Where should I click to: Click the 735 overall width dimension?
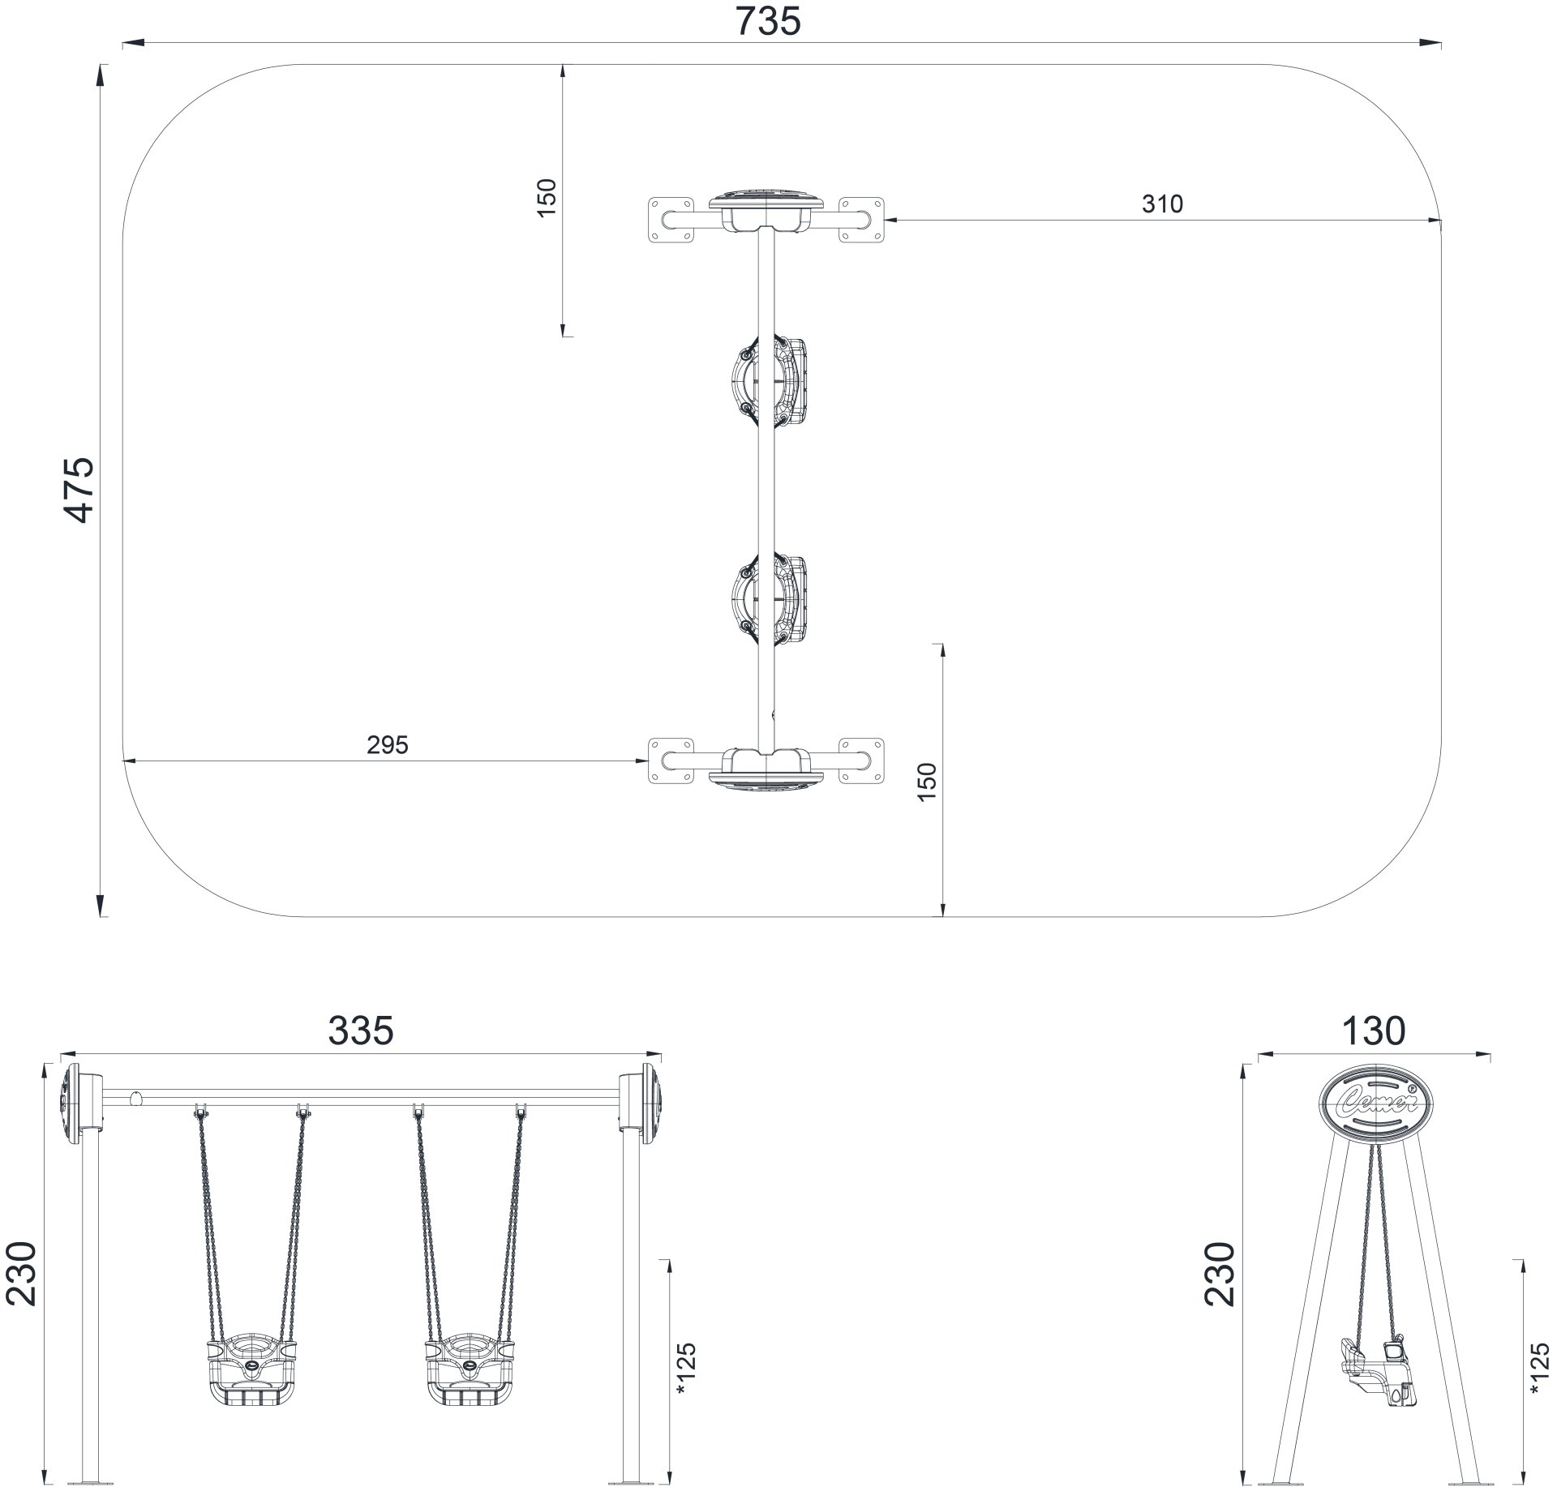[768, 21]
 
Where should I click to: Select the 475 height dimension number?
[79, 490]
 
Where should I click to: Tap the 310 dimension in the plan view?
[1162, 204]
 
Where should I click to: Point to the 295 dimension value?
[388, 745]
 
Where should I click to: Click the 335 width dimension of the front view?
[361, 1031]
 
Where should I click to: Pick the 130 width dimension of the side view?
[1373, 1031]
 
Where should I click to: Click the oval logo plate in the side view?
[1375, 1106]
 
